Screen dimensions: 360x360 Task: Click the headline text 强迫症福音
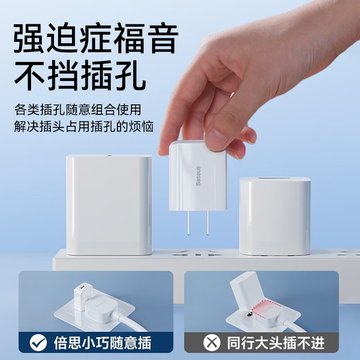pos(95,40)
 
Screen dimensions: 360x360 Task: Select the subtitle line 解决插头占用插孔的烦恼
pos(84,126)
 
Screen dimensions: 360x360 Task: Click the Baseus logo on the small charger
pos(198,175)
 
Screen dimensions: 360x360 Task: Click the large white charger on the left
pos(109,205)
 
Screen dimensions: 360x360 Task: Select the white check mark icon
pos(38,343)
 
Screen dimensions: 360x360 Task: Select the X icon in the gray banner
pos(211,343)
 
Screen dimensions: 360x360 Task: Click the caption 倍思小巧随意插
pos(102,343)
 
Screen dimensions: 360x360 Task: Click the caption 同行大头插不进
pos(275,343)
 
